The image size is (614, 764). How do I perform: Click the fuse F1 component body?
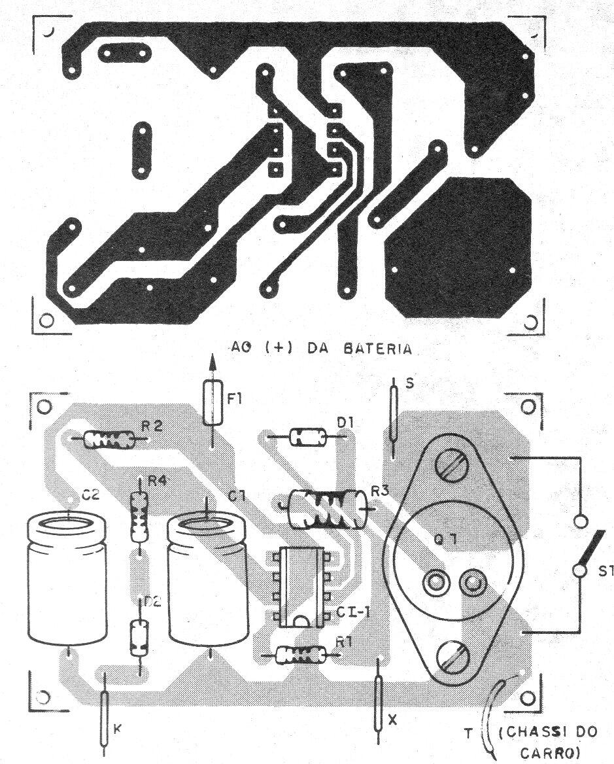click(x=213, y=402)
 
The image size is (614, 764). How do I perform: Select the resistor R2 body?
click(x=109, y=440)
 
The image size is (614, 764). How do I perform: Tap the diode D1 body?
click(x=307, y=436)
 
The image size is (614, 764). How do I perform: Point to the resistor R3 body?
click(x=327, y=509)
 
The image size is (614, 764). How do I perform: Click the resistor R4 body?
click(x=139, y=516)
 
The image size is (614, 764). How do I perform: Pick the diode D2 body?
click(x=138, y=637)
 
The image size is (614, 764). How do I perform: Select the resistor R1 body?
click(x=301, y=654)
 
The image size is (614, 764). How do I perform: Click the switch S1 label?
click(x=605, y=570)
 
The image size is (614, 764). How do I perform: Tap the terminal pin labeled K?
click(x=104, y=719)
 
